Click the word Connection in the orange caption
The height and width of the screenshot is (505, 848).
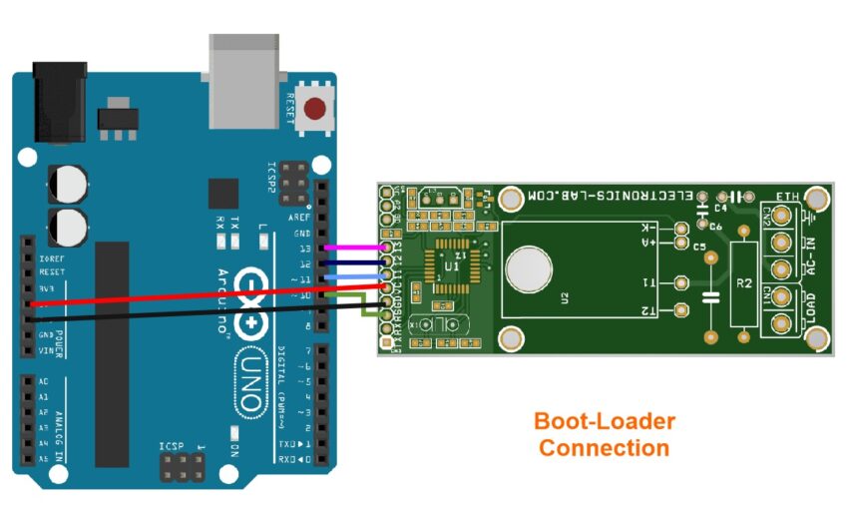tap(605, 448)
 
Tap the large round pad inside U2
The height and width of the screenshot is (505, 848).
tap(530, 270)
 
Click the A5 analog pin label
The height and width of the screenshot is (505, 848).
tap(43, 458)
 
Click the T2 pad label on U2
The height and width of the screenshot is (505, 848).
tap(648, 311)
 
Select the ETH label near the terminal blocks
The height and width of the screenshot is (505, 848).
tap(787, 198)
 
